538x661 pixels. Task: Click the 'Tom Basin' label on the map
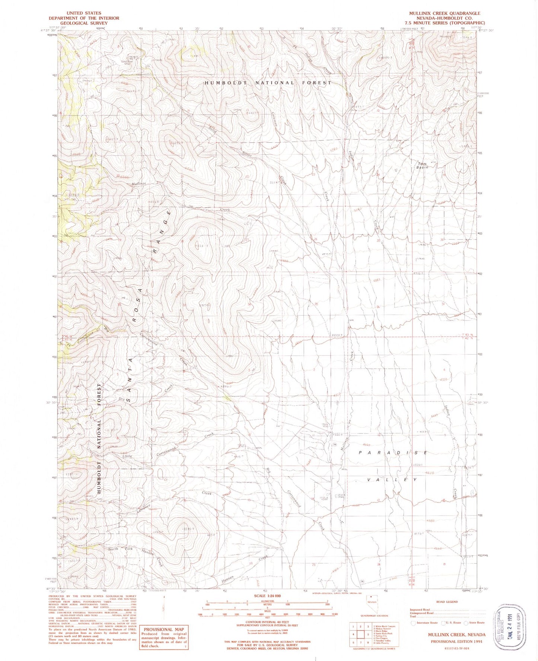tap(422, 165)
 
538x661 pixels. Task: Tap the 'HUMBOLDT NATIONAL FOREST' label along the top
tap(268, 83)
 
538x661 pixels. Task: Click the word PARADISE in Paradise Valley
tap(393, 452)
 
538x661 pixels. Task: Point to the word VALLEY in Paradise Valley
tap(392, 480)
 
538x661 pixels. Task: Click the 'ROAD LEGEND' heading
tap(446, 602)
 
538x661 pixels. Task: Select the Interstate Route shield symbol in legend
tap(413, 623)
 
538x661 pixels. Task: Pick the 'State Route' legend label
tap(477, 623)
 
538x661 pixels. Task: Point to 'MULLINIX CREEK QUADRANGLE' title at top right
tap(445, 13)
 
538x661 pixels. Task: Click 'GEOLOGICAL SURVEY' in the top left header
tap(83, 23)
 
